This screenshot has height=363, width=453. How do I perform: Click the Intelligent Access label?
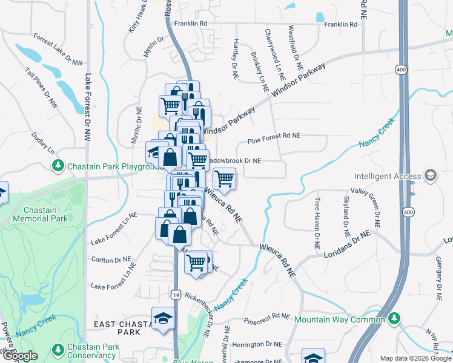(388, 177)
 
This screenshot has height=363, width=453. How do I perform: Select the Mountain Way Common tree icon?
(394, 318)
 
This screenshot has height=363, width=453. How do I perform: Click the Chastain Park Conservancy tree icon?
(58, 349)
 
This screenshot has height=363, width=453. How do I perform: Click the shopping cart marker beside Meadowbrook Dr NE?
(225, 178)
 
